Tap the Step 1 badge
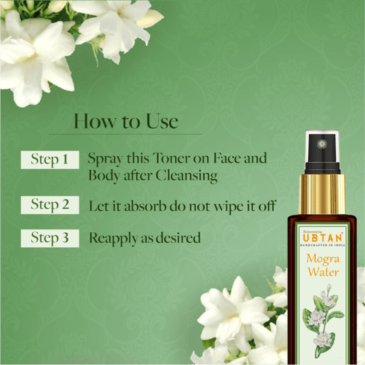(50, 160)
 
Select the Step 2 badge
(50, 204)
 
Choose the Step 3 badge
(50, 238)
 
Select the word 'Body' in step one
(103, 176)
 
